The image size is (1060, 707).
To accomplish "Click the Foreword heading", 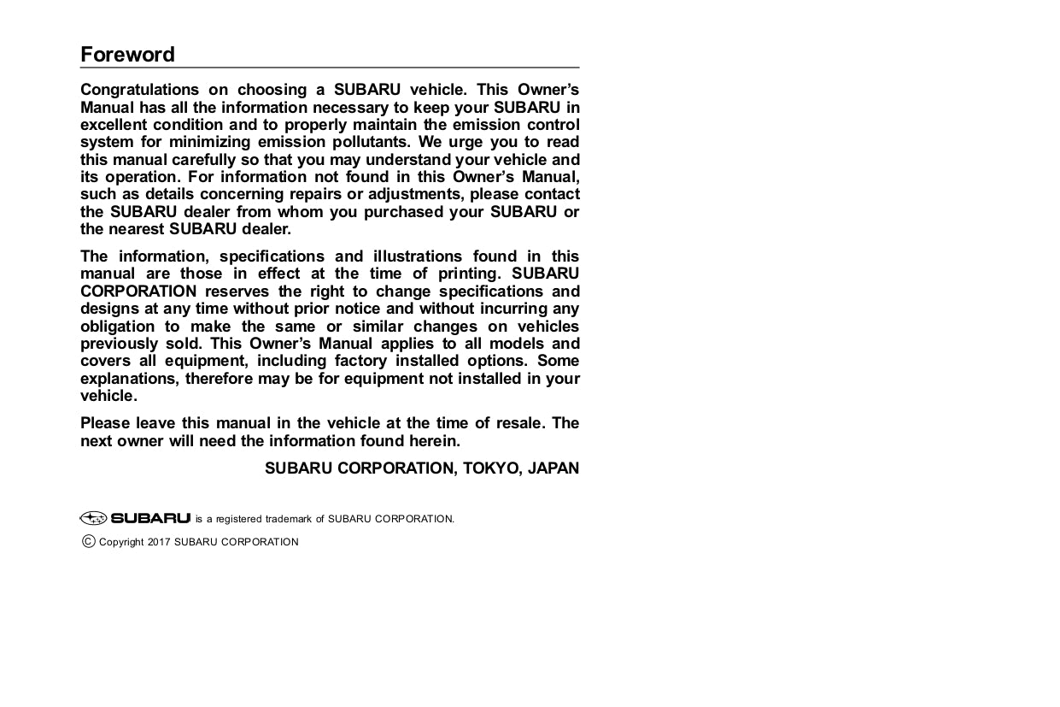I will coord(127,55).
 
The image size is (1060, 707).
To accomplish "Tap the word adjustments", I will coord(415,194).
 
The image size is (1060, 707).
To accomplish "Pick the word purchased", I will coord(401,212).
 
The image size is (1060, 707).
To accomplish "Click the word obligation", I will coord(118,327).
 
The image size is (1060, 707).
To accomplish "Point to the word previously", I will coord(120,344).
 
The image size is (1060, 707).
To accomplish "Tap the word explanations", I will coord(129,379).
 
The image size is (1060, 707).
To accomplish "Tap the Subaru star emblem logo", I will coord(93,518).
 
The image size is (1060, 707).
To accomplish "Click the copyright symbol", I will coord(89,541).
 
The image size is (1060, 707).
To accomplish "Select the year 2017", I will coord(159,542).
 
